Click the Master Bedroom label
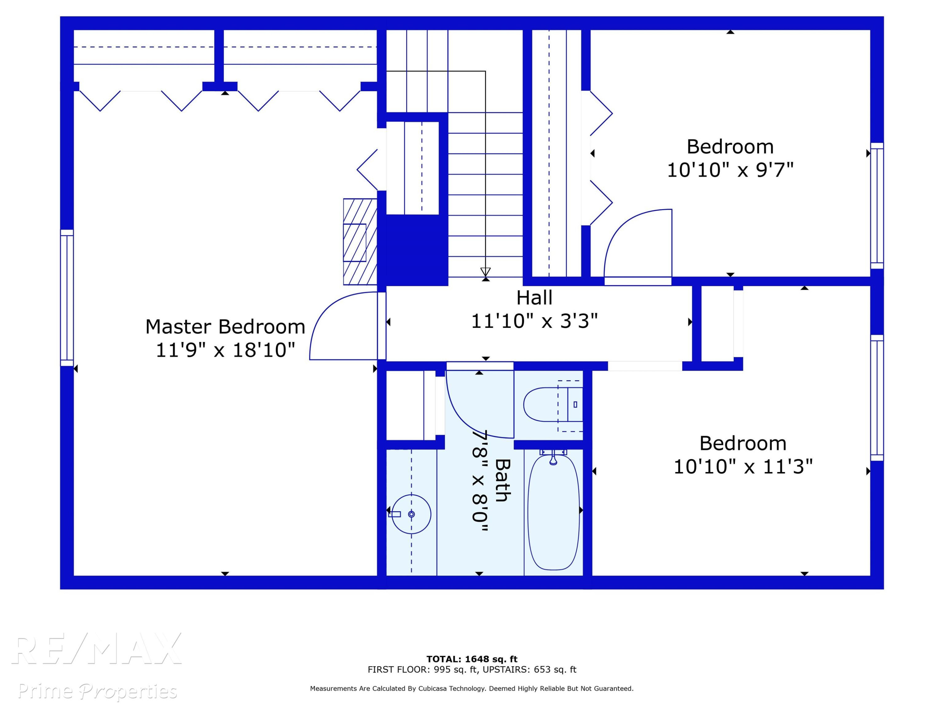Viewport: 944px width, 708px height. point(225,327)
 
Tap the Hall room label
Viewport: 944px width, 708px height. point(534,298)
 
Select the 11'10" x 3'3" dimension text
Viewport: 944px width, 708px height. point(534,321)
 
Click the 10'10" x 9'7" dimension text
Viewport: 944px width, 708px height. point(730,170)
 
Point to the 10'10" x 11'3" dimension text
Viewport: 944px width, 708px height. point(743,466)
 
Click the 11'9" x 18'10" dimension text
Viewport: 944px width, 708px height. point(225,350)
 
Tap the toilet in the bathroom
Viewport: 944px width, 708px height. point(553,405)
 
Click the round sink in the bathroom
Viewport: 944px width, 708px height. point(411,514)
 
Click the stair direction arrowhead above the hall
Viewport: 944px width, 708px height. point(485,272)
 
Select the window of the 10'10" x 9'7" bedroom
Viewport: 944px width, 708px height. point(877,206)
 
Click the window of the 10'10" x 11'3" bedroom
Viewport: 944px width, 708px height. point(877,398)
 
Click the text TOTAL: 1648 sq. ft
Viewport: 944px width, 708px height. point(472,659)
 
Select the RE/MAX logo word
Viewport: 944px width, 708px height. point(97,649)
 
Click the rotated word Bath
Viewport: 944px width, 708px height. point(502,480)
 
